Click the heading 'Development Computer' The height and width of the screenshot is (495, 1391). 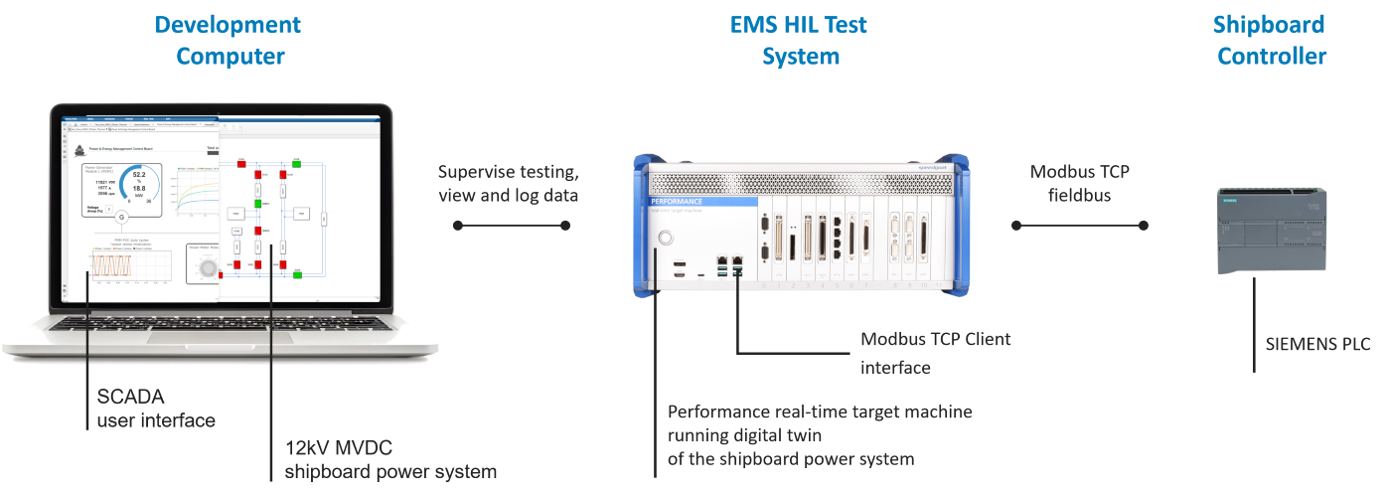[229, 40]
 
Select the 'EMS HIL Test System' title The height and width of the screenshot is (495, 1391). [800, 40]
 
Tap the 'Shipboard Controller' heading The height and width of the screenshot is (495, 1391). [1271, 40]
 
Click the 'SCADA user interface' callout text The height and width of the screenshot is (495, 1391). [156, 408]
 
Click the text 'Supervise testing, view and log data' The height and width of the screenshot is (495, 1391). [509, 183]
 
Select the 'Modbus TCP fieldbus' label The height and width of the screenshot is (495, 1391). [1079, 183]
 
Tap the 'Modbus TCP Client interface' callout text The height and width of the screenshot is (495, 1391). [935, 353]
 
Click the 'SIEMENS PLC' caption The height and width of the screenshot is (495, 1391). [1317, 344]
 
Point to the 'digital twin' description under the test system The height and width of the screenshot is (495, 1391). [819, 434]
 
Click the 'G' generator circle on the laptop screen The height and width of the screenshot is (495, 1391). [122, 217]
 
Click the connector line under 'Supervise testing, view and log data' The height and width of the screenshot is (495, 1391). [509, 226]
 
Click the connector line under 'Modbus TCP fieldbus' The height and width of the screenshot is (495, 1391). [1079, 226]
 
